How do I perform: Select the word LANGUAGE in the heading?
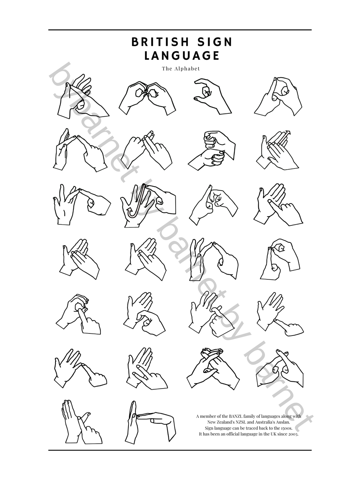point(182,56)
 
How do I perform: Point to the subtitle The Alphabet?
point(181,68)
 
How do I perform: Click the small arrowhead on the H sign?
point(288,133)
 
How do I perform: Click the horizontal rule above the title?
point(180,30)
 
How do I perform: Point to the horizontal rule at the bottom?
point(180,450)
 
